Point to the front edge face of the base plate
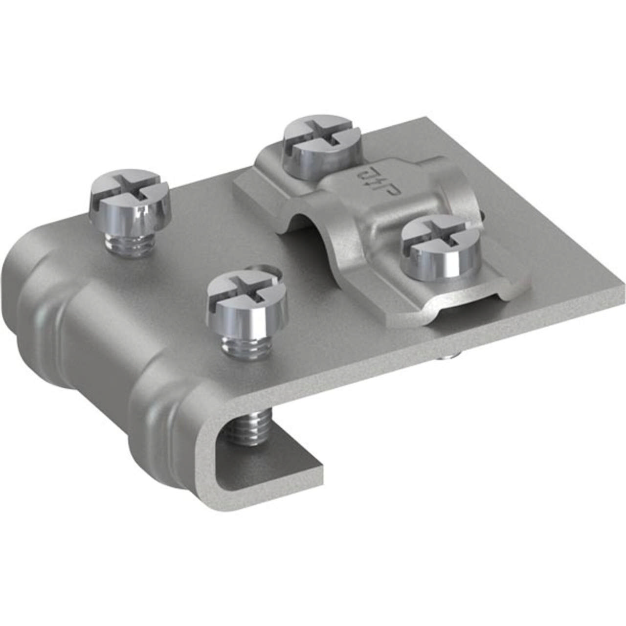[x=440, y=352]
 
